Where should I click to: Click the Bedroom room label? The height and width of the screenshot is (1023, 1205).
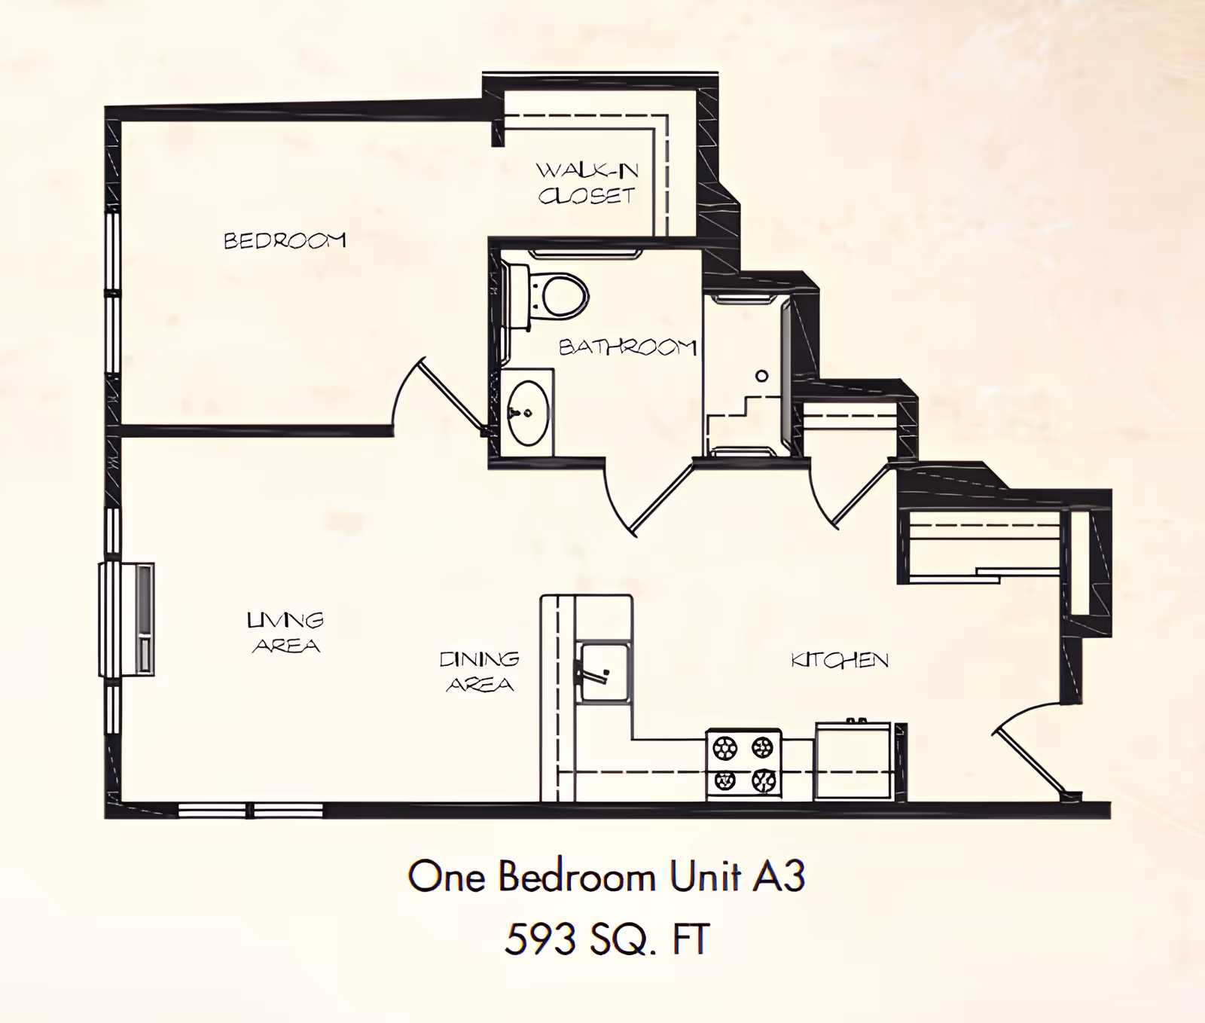(285, 240)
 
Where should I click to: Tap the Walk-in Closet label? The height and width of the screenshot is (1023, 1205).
(587, 183)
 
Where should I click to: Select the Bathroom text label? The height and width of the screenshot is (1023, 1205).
(627, 347)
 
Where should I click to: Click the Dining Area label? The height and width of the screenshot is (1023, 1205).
(480, 671)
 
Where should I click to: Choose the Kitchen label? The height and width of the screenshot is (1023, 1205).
(840, 660)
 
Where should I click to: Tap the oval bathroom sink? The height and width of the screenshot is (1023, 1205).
(527, 413)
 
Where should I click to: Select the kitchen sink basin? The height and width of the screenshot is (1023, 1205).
(603, 672)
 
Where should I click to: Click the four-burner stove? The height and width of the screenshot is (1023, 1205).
(743, 764)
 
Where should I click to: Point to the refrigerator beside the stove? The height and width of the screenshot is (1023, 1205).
(853, 761)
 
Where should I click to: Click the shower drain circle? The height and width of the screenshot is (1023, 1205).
(761, 376)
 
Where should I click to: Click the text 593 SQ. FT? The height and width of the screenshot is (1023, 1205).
(607, 939)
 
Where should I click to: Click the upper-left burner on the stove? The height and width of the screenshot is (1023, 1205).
(725, 747)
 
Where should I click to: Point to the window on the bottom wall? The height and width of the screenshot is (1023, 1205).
(251, 810)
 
